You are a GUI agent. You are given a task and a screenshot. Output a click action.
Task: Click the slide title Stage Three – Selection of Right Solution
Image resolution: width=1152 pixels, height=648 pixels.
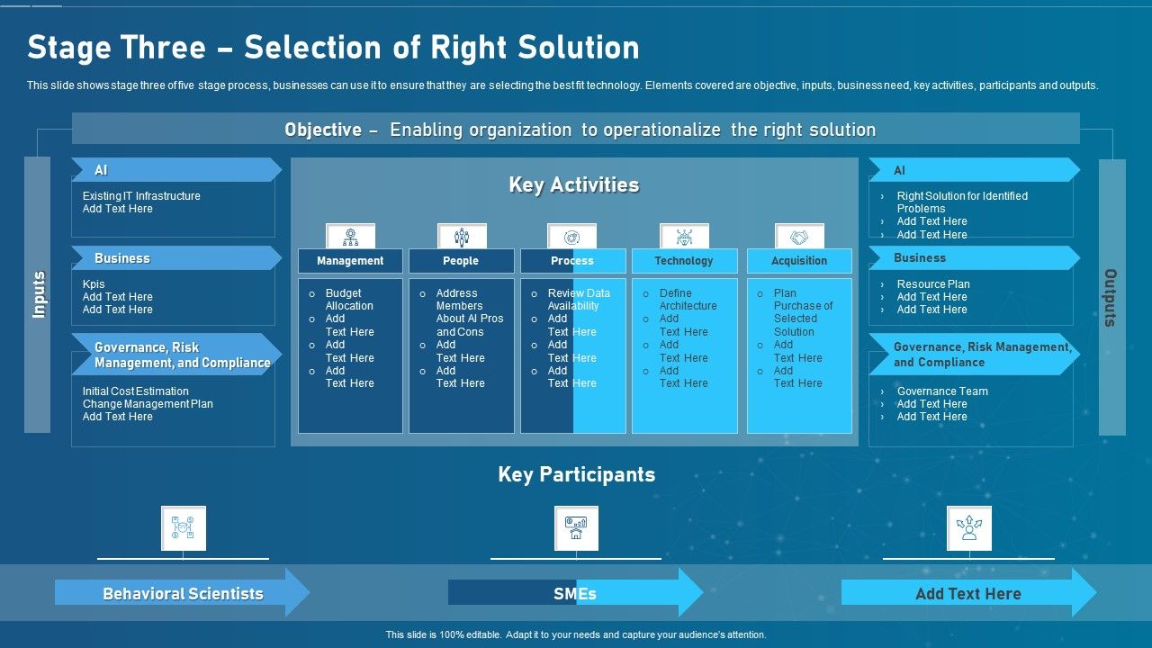[333, 48]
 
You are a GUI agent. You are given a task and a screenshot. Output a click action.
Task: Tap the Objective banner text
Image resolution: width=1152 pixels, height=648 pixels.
[580, 130]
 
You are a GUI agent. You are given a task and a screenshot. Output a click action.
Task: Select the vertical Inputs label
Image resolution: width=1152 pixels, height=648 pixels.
[39, 295]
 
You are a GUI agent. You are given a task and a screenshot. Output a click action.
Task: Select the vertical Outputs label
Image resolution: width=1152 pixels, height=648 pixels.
[1111, 297]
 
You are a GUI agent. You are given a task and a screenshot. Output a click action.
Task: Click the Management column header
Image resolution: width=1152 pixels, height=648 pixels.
[350, 261]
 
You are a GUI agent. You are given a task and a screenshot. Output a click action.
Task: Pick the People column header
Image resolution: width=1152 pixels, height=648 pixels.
[461, 261]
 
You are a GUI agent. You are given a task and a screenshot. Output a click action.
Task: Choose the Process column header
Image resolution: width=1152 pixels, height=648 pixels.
[572, 261]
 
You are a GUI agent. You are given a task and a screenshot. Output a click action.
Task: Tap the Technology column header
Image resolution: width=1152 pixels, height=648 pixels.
[684, 261]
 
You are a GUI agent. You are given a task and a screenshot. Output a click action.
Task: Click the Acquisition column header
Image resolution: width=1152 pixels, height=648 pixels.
[799, 261]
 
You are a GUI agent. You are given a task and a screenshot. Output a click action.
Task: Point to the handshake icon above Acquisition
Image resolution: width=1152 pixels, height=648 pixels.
[799, 237]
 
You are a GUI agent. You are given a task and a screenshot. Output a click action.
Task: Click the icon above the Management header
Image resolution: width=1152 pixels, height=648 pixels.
[350, 237]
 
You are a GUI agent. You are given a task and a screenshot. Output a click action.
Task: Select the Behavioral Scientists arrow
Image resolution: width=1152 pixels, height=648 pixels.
[183, 593]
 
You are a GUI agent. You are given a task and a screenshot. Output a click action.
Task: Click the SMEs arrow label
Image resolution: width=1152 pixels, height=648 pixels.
[575, 593]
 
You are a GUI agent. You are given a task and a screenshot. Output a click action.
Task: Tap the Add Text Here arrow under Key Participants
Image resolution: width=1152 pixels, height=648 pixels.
[968, 593]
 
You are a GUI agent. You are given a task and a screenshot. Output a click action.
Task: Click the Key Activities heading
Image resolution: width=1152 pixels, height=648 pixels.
[574, 185]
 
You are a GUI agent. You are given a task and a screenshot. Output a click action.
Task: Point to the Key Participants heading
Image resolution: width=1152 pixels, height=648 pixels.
[576, 474]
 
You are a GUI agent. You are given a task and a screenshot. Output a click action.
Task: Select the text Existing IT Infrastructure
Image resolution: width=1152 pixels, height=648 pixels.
[141, 196]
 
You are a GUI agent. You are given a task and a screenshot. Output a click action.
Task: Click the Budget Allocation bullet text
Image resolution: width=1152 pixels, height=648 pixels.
[349, 300]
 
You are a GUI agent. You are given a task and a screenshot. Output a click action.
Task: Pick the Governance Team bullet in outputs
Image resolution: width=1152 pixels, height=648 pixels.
[942, 391]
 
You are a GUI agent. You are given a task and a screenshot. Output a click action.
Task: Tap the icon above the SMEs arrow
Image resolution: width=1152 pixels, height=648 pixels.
[576, 528]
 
